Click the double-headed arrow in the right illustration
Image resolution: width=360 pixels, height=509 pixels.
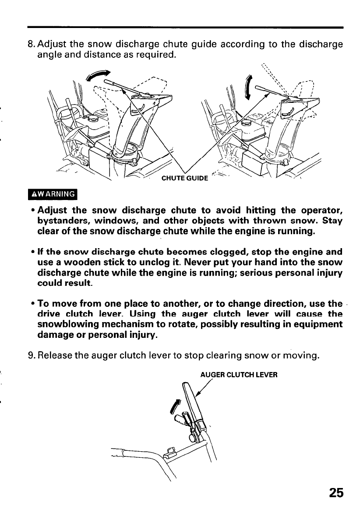tap(250, 88)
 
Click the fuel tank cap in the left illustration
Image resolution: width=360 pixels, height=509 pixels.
tap(93, 119)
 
